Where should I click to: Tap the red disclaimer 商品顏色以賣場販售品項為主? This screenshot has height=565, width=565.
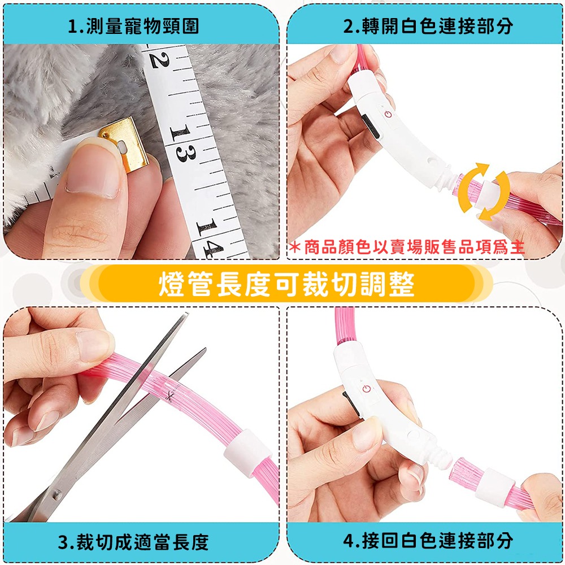[407, 247]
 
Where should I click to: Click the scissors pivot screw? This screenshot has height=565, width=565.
[58, 493]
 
